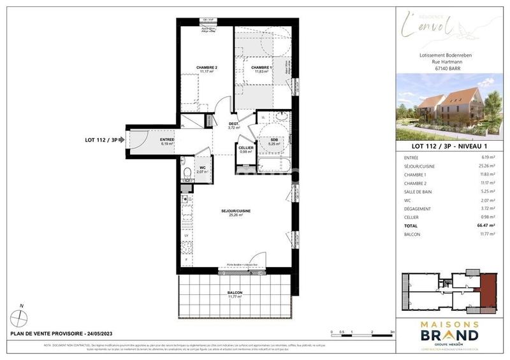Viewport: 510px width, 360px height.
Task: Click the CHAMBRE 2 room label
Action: pos(207,68)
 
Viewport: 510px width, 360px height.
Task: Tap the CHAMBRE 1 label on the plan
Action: pos(261,68)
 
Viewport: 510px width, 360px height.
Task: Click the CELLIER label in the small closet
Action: pos(246,148)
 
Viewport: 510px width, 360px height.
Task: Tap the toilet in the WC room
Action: pos(185,173)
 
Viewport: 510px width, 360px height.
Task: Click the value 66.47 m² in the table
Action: pos(487,226)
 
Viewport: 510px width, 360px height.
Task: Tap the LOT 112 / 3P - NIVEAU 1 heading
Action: pos(449,145)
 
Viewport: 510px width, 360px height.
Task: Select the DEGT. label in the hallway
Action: pos(234,124)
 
